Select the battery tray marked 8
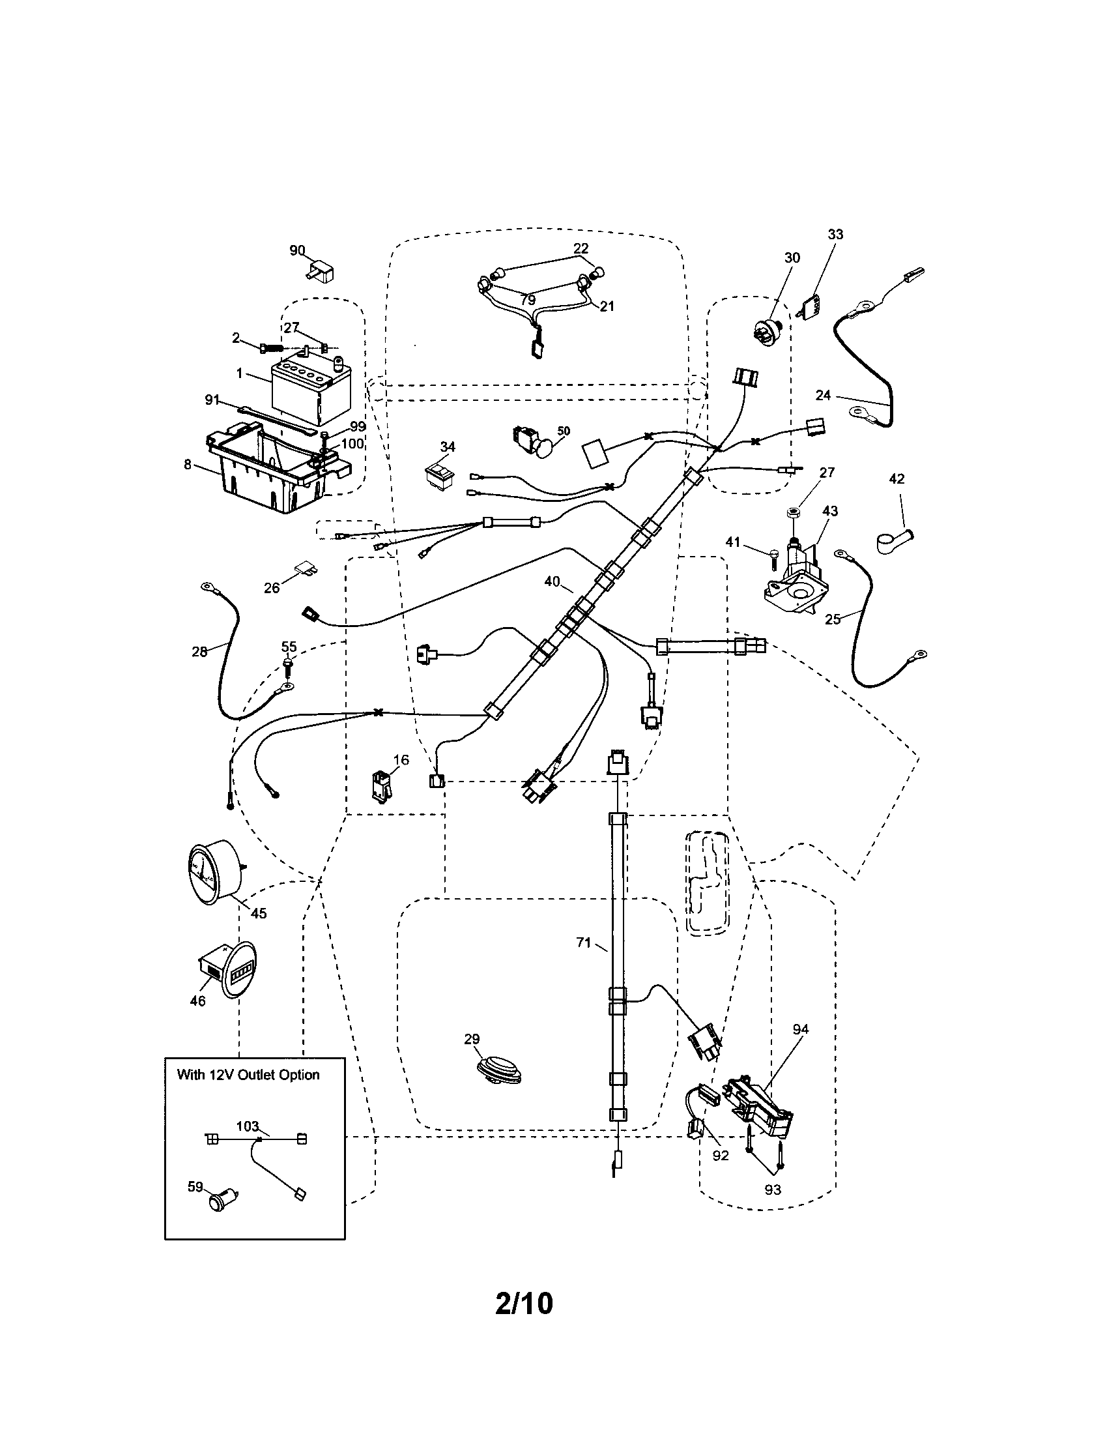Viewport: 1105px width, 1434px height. (x=276, y=469)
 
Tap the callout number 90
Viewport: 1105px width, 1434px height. (x=297, y=250)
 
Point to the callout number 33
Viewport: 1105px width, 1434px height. (x=835, y=235)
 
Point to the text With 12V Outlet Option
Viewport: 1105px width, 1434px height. (x=248, y=1075)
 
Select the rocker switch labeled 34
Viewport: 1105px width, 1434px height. (x=439, y=474)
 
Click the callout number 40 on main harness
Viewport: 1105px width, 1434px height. (x=552, y=581)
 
